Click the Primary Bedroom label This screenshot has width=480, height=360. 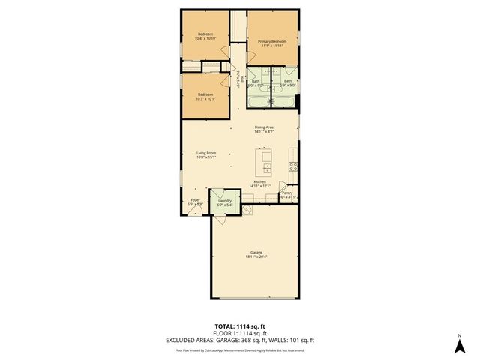pos(272,42)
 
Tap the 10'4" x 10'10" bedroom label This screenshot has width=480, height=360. pos(205,35)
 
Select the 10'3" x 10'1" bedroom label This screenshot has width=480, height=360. pos(205,94)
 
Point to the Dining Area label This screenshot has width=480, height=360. pos(263,128)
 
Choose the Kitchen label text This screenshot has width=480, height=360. pos(260,182)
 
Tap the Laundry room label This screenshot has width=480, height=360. pos(224,200)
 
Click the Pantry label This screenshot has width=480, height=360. pos(287,193)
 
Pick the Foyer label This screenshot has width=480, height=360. pos(195,200)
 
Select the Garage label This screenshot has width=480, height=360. pos(256,253)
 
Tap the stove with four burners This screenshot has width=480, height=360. pos(293,166)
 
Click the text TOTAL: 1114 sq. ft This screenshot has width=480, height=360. pos(240,325)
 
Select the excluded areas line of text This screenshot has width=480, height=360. pos(240,339)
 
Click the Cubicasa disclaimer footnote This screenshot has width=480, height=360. pos(240,349)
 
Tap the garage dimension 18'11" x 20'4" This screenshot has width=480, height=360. pos(256,258)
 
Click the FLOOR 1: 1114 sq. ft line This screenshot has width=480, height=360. pos(240,332)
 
